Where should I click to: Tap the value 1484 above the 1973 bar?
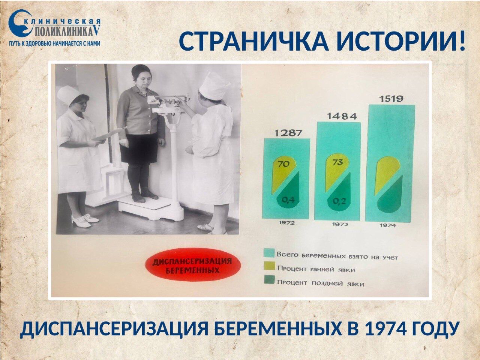pos(342,116)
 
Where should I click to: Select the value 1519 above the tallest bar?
pos(391,99)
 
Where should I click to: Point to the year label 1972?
pos(287,223)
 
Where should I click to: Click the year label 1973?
pos(340,224)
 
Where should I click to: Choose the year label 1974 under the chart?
pos(388,225)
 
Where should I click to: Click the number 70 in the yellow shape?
pos(283,164)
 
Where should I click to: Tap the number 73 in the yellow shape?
pos(338,163)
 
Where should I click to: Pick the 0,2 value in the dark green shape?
pos(340,201)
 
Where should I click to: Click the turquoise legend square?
pos(269,253)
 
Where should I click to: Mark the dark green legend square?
pos(269,280)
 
